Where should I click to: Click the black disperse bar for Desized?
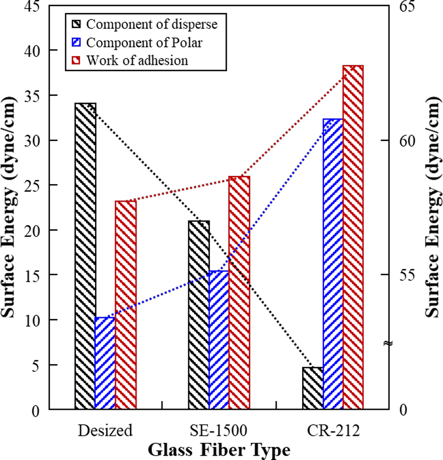pos(86,255)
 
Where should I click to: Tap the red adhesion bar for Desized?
pos(126,305)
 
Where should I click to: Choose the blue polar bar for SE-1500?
pos(219,340)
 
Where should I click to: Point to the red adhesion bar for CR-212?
pos(353,237)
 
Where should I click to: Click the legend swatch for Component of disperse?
pos(76,24)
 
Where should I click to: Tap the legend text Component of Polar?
pos(144,42)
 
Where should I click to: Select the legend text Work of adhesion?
pos(137,60)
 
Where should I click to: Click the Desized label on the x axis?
pos(105,430)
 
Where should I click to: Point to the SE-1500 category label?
pos(219,430)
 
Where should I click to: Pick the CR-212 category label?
pos(333,430)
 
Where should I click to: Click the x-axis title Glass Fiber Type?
pos(219,449)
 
